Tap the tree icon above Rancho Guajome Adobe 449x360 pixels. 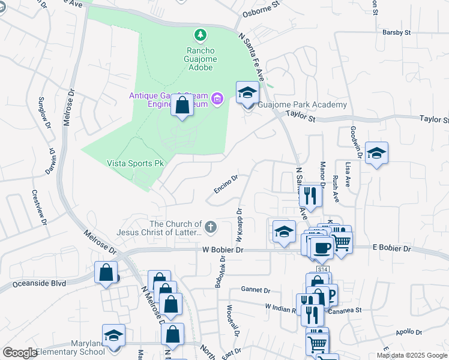pyautogui.click(x=200, y=37)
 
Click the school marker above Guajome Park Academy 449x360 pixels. pyautogui.click(x=247, y=94)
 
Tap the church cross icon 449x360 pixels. pyautogui.click(x=210, y=227)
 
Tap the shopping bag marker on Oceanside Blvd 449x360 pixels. pyautogui.click(x=106, y=272)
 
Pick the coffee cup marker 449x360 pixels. pyautogui.click(x=321, y=247)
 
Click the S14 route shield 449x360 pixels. pyautogui.click(x=322, y=269)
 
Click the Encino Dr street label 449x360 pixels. pyautogui.click(x=226, y=185)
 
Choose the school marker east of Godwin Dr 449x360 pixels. pyautogui.click(x=376, y=154)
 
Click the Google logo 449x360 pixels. pyautogui.click(x=20, y=352)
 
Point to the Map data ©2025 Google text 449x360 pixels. pyautogui.click(x=411, y=355)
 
